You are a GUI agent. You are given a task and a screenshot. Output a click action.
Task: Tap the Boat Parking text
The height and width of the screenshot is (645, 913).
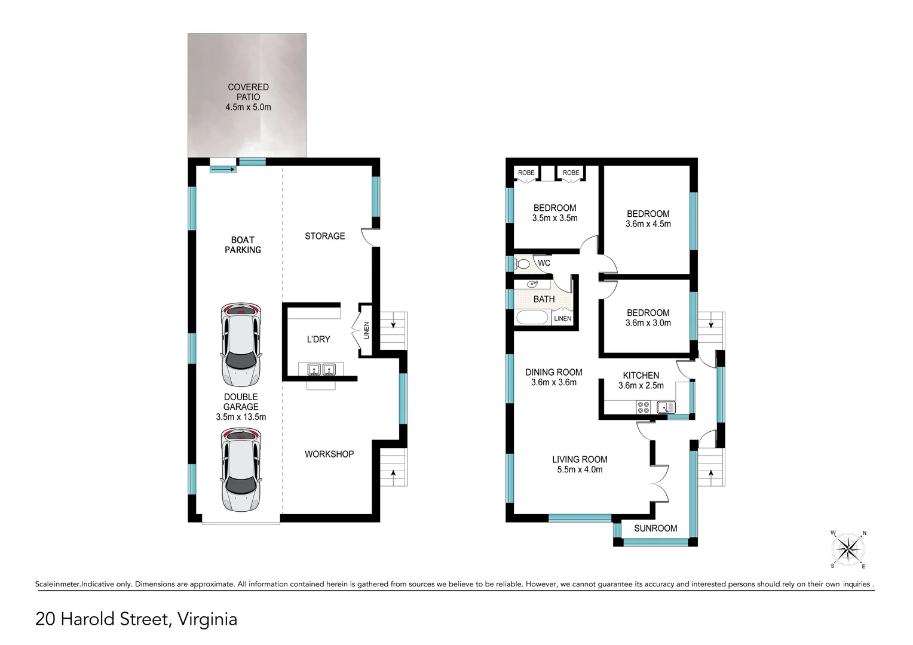(x=243, y=245)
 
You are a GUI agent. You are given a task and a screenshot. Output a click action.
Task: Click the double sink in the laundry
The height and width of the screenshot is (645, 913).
(x=321, y=370)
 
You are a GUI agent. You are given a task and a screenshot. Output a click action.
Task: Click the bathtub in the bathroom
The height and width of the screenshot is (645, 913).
(x=532, y=317)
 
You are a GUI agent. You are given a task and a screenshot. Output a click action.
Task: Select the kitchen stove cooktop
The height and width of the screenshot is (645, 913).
(x=644, y=407)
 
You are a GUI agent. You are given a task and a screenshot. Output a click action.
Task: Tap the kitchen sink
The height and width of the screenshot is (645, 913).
(x=665, y=407)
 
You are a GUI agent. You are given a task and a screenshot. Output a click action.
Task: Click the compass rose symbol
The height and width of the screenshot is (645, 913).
(x=848, y=549)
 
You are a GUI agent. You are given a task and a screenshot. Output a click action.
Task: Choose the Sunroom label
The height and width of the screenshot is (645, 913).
(x=655, y=529)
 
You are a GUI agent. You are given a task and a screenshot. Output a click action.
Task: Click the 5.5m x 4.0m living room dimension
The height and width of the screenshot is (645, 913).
(x=580, y=469)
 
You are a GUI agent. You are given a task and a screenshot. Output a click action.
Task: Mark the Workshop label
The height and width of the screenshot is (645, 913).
(x=329, y=454)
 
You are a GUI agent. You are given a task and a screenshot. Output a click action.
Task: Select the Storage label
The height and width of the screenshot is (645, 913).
(x=325, y=236)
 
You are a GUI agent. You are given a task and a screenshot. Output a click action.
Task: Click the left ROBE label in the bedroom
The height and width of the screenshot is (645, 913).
(x=526, y=173)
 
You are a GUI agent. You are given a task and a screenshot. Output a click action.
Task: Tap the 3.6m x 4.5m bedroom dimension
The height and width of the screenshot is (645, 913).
(x=648, y=224)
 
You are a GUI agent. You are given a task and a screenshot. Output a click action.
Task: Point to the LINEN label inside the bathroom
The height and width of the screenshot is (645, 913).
(x=562, y=318)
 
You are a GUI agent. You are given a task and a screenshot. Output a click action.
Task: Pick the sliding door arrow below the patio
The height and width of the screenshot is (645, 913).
(x=223, y=170)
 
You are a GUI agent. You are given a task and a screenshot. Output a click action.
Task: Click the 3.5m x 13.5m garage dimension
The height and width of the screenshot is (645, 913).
(x=241, y=417)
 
